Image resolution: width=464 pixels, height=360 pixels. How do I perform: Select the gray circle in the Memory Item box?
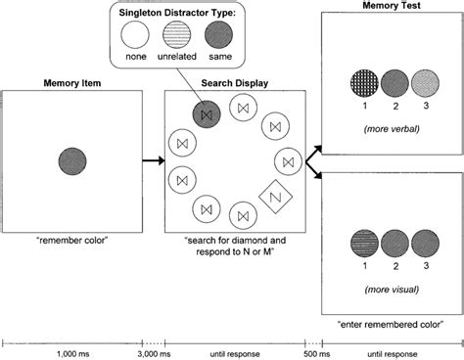[x=73, y=158]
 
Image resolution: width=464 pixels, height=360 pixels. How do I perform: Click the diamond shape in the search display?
[x=275, y=197]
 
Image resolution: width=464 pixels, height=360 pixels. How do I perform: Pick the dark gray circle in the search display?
[x=206, y=114]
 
